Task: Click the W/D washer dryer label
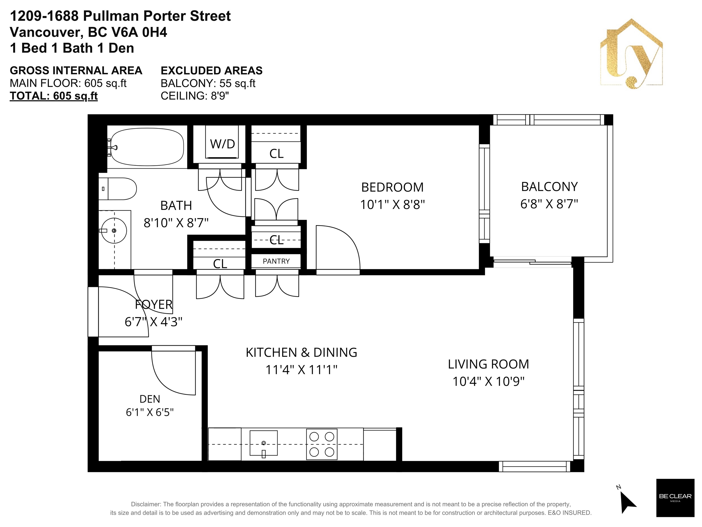222,144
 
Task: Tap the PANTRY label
276,261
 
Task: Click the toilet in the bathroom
117,188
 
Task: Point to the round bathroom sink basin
114,231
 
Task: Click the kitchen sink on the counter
263,444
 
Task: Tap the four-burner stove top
321,444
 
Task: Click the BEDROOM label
392,187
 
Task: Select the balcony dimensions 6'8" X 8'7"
549,204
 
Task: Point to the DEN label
150,399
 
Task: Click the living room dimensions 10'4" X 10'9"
488,381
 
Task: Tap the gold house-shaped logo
631,54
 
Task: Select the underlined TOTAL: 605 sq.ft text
54,96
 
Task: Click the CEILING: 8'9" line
195,96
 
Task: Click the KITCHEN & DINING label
302,352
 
